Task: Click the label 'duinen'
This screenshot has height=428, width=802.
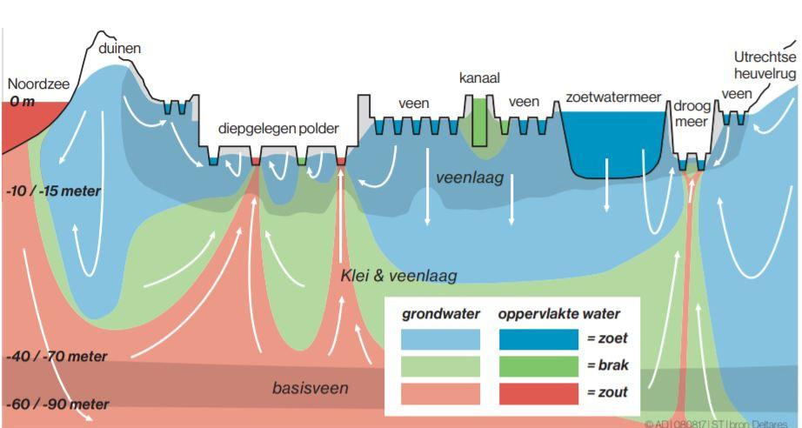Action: point(120,50)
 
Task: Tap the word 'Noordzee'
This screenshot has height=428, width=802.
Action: point(37,85)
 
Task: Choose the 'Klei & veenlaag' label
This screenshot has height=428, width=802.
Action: point(399,277)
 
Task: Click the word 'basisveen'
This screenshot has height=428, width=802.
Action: point(311,388)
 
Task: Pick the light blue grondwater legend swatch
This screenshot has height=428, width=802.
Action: point(440,339)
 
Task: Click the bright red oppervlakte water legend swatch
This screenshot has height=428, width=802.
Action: point(538,393)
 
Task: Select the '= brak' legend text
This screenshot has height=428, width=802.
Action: point(607,366)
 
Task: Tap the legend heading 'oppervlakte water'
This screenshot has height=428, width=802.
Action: point(558,313)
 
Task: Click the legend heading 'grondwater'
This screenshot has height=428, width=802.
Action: point(436,313)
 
